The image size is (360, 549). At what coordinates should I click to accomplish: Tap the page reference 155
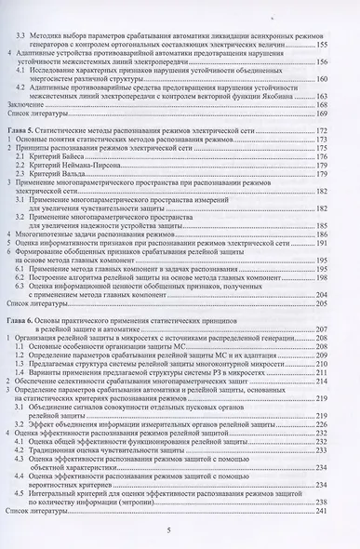(x=322, y=44)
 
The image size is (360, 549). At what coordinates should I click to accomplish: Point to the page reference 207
(x=322, y=328)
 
